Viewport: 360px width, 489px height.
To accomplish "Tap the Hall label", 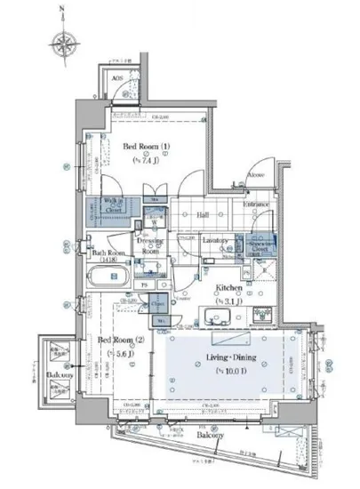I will point(203,213).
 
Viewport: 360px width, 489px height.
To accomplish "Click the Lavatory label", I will point(217,241).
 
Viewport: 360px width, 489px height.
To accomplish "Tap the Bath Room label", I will point(110,253).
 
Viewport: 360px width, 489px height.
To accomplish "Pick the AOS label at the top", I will point(117,78).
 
